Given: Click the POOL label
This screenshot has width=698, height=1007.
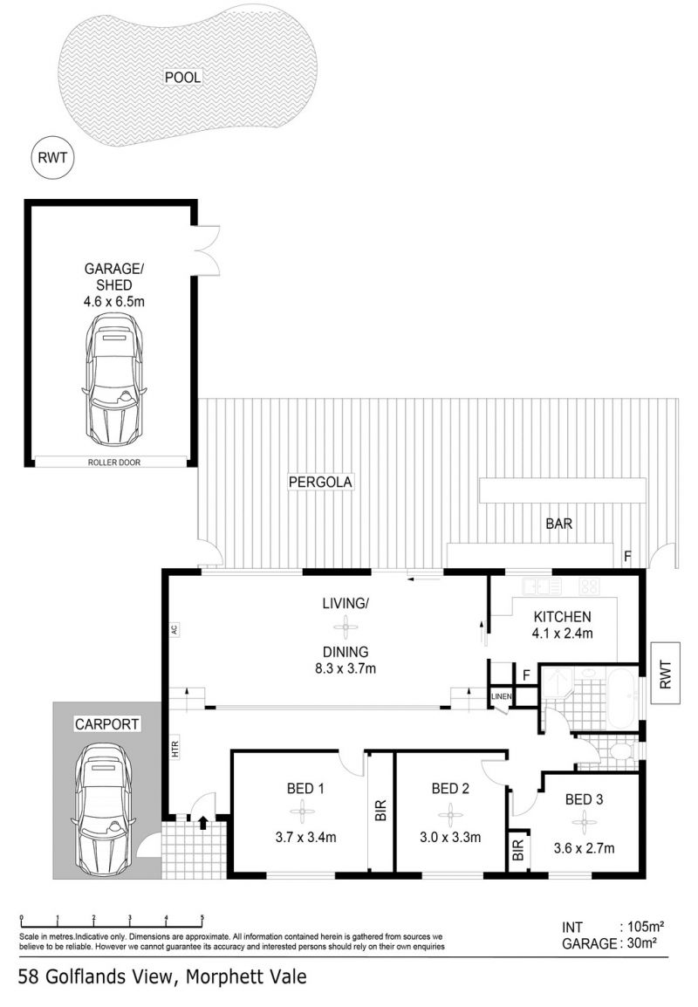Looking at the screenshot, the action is tap(183, 77).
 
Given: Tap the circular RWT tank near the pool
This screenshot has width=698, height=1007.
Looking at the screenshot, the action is tap(52, 158).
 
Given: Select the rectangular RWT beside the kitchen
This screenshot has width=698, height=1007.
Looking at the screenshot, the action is tap(665, 674).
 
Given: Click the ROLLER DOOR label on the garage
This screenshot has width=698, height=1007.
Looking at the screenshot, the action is tap(114, 462).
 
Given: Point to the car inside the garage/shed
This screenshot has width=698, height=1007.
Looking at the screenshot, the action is tap(114, 380).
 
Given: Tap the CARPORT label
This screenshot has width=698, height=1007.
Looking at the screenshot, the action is tap(106, 724).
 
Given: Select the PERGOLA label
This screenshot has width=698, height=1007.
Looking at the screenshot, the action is tap(320, 482).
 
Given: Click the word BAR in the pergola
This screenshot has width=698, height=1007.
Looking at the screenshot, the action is tap(558, 524).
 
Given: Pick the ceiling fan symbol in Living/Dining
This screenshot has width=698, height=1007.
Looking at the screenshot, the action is tap(346, 627).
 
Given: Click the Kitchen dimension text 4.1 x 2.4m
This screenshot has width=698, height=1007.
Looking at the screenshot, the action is tap(563, 634).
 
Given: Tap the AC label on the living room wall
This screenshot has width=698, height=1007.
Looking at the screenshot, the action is tap(174, 629).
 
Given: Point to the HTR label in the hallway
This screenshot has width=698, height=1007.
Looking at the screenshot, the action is tap(175, 748).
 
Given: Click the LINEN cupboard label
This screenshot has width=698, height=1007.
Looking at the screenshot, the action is tap(502, 697).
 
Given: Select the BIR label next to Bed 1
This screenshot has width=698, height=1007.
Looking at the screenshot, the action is tap(380, 811).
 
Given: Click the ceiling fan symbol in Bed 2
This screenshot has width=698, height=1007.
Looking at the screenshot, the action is tap(451, 816).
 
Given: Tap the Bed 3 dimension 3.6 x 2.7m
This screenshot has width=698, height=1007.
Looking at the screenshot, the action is tap(585, 848).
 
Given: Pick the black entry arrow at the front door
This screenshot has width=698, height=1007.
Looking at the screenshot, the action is tap(203, 821).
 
